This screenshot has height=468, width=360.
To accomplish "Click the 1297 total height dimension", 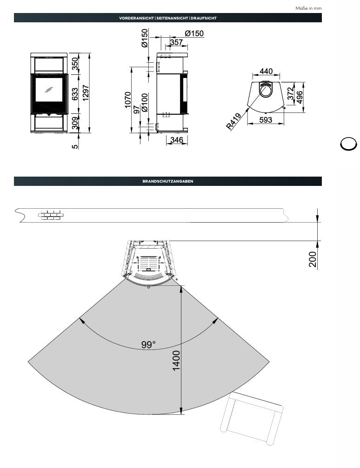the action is [86, 93].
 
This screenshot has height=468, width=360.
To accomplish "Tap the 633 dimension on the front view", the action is [75, 94].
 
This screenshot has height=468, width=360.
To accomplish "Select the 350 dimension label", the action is [75, 64].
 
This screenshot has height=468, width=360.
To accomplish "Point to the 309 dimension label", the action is [75, 123].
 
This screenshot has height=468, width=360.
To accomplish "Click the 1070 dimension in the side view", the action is [127, 100].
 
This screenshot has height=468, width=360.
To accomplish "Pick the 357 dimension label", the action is [176, 42].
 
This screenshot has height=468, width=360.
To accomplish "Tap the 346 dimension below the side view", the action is [177, 140].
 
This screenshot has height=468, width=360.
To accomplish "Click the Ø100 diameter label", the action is [144, 103].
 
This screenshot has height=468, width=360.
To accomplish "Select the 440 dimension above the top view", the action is [266, 71].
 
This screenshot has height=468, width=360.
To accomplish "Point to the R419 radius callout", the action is [233, 121].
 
